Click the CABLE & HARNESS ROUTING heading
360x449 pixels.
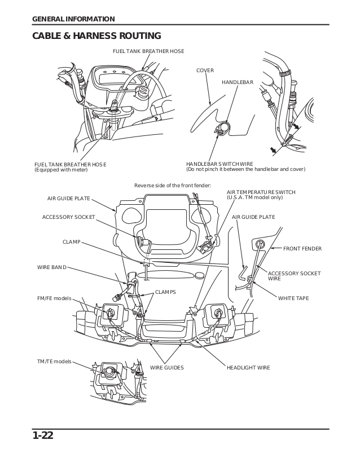point(96,36)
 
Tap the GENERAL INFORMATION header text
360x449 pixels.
point(73,19)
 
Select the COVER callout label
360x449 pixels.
point(205,71)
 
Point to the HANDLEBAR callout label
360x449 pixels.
point(238,82)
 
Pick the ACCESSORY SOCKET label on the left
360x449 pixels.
point(68,217)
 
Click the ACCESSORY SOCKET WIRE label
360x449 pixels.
point(302,276)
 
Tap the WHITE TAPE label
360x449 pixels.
point(293,298)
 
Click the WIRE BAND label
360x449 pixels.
point(52,267)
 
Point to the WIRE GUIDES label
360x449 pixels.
point(166,367)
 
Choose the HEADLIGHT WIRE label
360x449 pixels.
point(248,367)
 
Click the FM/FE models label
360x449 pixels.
point(54,298)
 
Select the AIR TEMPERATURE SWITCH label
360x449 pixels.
point(261,192)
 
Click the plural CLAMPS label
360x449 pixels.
point(165,292)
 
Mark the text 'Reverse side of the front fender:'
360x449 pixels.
point(172,186)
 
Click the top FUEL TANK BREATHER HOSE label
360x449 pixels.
point(148,51)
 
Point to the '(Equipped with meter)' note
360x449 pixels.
point(59,169)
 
